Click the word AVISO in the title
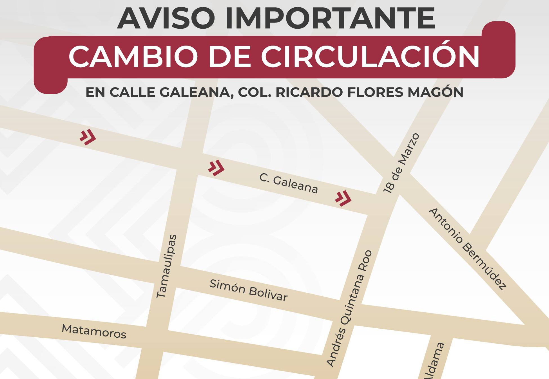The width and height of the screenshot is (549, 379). pos(166,19)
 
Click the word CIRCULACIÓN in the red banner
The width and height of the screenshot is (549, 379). pos(370,57)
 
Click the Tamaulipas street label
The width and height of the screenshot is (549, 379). pos(166,266)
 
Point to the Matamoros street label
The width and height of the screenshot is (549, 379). pos(94,331)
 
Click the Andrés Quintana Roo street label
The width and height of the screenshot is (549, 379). pos(349,308)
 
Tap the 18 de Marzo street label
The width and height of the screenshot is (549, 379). pos(401,163)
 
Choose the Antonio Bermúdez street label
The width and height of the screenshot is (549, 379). pos(468,249)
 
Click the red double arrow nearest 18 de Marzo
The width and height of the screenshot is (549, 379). pos(343,198)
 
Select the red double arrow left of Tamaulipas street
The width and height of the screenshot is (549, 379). pos(88,137)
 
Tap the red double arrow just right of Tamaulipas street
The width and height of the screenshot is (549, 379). pos(216,168)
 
